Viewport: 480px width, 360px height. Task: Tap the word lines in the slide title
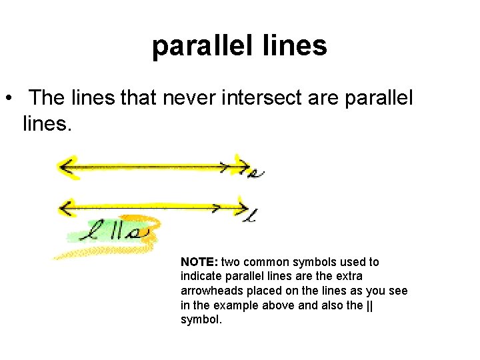click(297, 46)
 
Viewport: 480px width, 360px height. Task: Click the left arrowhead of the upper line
click(66, 167)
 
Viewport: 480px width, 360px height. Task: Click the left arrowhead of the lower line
click(66, 207)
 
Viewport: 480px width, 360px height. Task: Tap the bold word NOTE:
click(199, 262)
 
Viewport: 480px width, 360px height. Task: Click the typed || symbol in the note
click(369, 305)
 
